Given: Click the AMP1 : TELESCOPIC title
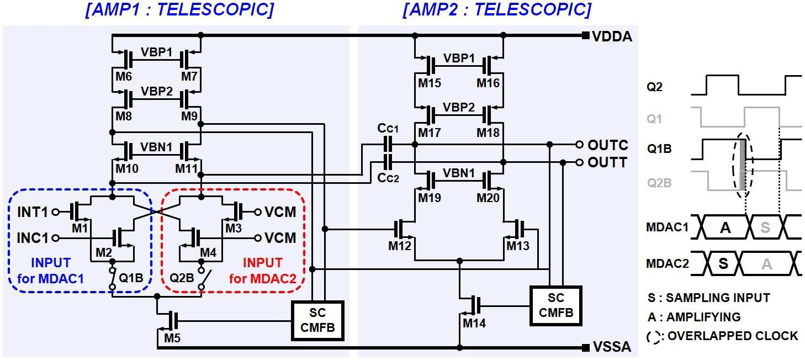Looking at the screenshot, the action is [179, 10].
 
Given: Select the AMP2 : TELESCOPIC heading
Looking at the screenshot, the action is [497, 10].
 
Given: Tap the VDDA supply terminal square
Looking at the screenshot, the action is [585, 35].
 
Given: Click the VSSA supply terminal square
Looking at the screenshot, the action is [585, 347].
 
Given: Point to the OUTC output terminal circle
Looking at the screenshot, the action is [579, 145].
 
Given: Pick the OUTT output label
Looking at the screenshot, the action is [607, 162].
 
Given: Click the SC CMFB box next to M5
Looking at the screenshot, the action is [317, 320].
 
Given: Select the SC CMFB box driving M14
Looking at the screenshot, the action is [555, 306].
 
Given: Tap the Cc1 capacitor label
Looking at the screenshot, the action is [388, 128].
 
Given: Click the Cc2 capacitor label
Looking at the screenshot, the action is [388, 177].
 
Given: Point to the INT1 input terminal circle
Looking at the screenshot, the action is [55, 212].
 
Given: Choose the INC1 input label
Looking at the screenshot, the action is [33, 238].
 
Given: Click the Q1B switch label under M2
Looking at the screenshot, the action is [131, 278].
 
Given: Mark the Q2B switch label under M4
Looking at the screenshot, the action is [182, 278].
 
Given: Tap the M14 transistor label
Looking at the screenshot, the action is [474, 324].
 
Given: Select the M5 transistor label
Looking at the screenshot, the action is [172, 338].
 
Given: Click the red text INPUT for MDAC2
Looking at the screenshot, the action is [263, 271].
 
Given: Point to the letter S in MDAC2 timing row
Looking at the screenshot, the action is [723, 263].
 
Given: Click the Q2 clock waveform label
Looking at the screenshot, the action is [654, 87].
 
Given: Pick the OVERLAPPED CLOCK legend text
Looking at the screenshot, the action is [733, 336].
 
